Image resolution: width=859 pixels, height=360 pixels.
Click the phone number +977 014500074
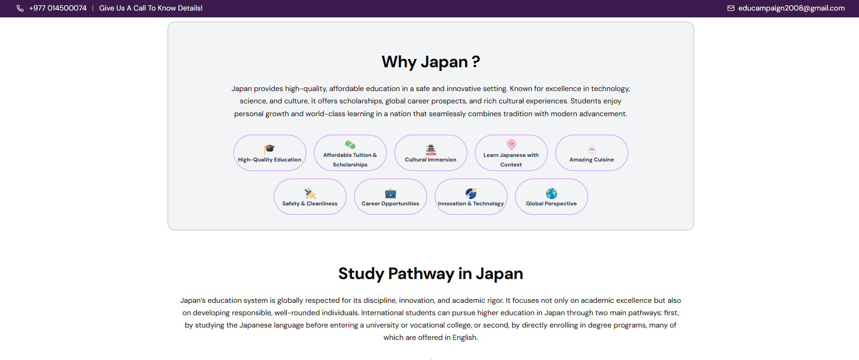pyautogui.click(x=58, y=8)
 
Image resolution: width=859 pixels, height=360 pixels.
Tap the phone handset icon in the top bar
pyautogui.click(x=20, y=8)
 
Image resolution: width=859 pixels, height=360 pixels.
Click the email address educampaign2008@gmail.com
pyautogui.click(x=791, y=8)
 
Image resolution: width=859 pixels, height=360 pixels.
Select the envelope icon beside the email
pyautogui.click(x=731, y=8)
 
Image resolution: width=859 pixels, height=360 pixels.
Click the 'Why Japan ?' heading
pyautogui.click(x=431, y=62)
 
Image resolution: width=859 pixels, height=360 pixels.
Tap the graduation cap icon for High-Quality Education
pyautogui.click(x=269, y=149)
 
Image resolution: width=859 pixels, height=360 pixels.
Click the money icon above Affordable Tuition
pyautogui.click(x=350, y=145)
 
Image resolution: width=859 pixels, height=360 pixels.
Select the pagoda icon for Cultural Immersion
pyautogui.click(x=431, y=149)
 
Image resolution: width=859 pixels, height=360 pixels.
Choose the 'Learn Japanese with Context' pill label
pyautogui.click(x=511, y=160)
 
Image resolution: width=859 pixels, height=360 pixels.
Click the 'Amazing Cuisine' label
pyautogui.click(x=591, y=160)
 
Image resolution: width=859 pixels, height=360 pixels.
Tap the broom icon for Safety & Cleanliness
pyautogui.click(x=310, y=193)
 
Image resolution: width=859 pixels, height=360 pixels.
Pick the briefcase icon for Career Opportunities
pyautogui.click(x=391, y=193)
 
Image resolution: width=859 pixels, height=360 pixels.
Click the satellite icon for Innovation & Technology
pyautogui.click(x=471, y=193)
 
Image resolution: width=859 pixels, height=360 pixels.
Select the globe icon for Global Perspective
pyautogui.click(x=552, y=193)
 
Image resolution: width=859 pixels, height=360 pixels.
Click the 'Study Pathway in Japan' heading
pyautogui.click(x=431, y=274)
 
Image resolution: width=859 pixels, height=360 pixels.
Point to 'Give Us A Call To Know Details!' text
pyautogui.click(x=151, y=8)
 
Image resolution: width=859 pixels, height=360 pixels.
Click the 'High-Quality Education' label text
pyautogui.click(x=269, y=160)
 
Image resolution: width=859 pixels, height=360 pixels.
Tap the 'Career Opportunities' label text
pyautogui.click(x=390, y=204)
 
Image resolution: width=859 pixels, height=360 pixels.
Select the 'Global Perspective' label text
pyautogui.click(x=551, y=204)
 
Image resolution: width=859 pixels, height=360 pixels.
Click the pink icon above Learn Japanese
pyautogui.click(x=511, y=145)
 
